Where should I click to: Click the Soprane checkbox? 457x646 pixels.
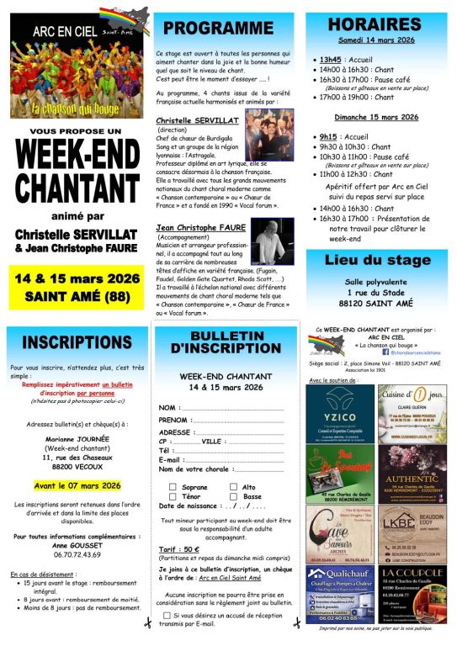(173, 487)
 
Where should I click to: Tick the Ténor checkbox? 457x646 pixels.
(173, 496)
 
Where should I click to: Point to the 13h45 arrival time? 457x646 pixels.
(330, 61)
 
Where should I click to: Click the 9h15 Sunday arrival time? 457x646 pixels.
(328, 136)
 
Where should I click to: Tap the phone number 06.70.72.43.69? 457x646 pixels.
(77, 554)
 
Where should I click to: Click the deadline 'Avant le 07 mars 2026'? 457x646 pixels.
(77, 485)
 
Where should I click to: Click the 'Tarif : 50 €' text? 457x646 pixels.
(179, 549)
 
